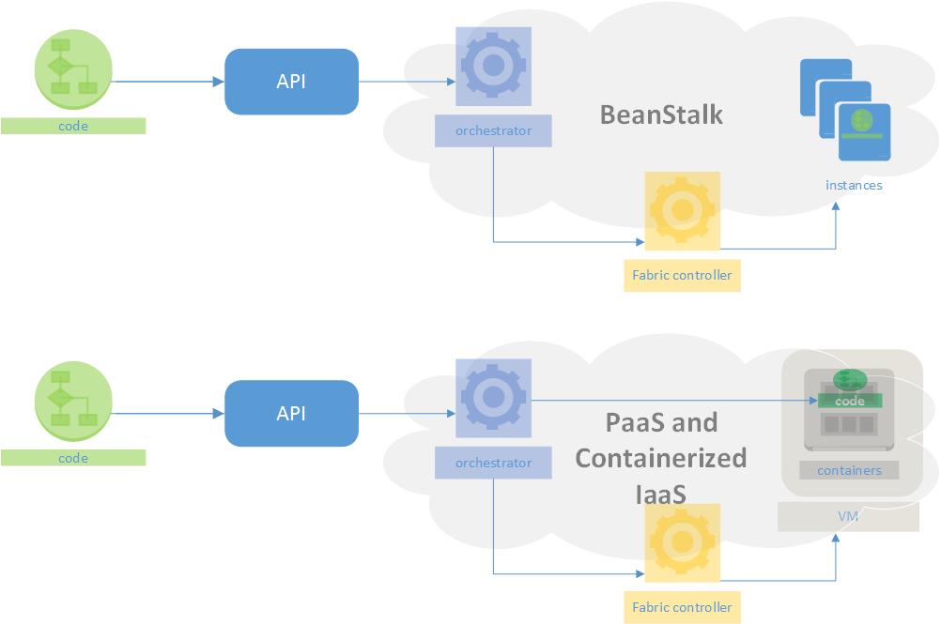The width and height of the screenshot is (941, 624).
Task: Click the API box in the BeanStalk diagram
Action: pos(291,82)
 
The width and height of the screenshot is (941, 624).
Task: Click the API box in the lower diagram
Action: pos(291,413)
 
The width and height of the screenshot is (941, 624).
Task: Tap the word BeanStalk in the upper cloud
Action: pos(661,114)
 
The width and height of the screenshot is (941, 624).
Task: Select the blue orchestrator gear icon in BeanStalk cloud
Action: pos(493,66)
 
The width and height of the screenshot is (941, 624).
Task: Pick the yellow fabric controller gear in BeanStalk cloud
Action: pos(682,211)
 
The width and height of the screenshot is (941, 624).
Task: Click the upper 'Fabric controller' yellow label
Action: pos(682,276)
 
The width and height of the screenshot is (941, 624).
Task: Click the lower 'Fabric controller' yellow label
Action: pos(682,607)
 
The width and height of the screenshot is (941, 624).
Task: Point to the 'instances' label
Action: pos(854,185)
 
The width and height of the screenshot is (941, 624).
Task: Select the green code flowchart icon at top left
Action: pos(73,68)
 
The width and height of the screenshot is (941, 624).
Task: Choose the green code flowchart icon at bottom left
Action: pos(73,399)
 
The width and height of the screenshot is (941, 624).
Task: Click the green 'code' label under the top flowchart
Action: pos(73,126)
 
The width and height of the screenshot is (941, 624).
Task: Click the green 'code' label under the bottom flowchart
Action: pos(73,458)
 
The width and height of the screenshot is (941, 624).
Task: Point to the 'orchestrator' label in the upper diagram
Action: pos(493,131)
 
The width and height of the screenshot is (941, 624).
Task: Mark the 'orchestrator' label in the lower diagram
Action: pos(493,463)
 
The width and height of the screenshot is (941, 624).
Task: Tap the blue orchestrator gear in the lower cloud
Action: pos(493,398)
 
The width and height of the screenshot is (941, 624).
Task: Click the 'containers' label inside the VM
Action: pos(849,470)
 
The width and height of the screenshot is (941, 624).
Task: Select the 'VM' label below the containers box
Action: pos(847,517)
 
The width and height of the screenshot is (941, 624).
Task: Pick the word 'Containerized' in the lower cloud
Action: pos(661,458)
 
